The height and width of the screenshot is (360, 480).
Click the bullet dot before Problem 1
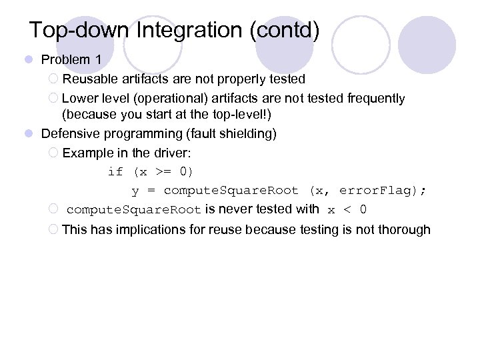(29, 60)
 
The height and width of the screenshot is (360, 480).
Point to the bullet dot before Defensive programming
(29, 134)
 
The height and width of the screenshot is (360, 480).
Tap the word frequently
(375, 99)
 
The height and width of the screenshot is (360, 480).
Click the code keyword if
(115, 172)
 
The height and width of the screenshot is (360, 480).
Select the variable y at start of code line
(135, 191)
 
